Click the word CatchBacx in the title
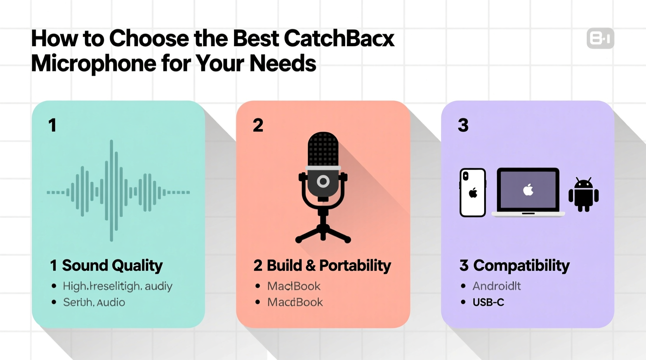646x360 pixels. (339, 38)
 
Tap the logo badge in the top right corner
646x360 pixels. (600, 38)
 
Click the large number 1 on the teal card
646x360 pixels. (52, 125)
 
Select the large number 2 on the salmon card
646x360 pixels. (258, 125)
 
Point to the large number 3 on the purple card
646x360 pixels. (463, 125)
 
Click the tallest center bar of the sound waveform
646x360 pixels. (111, 190)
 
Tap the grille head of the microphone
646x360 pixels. (323, 149)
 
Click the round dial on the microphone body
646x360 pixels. (323, 181)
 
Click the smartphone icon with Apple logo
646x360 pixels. (472, 192)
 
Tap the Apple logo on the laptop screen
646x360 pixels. (528, 190)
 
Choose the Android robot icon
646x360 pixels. (583, 195)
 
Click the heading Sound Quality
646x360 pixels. (112, 266)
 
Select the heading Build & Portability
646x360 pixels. (328, 266)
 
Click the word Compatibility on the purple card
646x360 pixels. (521, 266)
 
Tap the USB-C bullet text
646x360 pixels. (488, 302)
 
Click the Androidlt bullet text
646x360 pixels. (497, 286)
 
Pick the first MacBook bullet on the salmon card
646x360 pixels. (294, 286)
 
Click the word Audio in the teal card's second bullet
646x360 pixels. (111, 302)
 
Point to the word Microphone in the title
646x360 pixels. (93, 63)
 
